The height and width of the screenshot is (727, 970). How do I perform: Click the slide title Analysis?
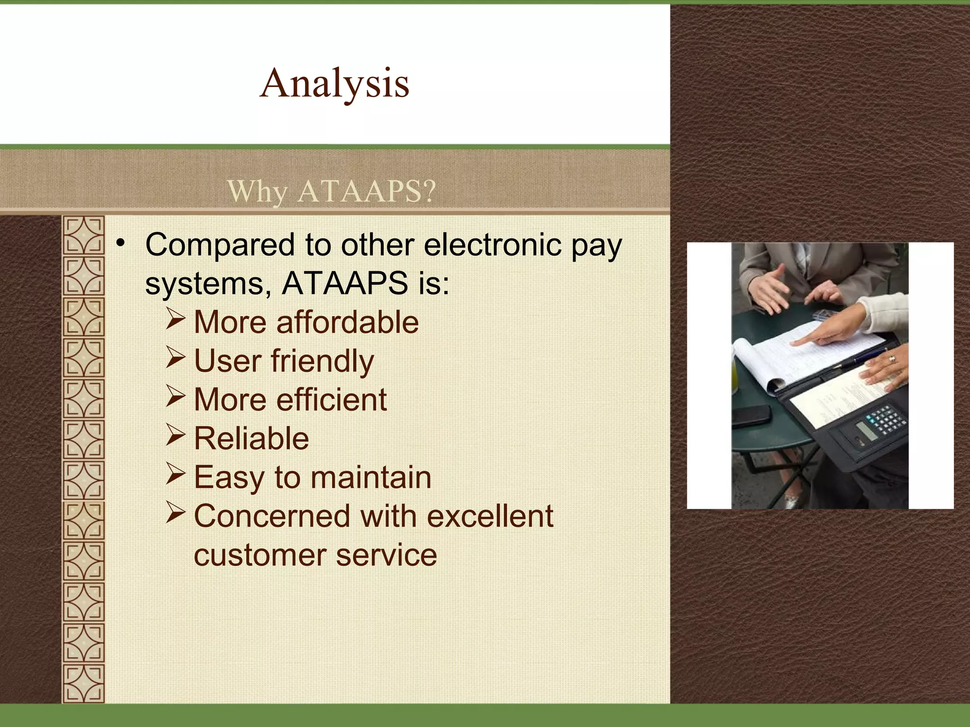coord(335,83)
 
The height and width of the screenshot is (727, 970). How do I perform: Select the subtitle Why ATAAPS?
coord(331,191)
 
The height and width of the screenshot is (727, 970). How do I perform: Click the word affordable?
coord(347,323)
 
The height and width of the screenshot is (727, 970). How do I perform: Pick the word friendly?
coord(322,362)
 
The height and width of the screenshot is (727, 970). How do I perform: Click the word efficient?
coord(332,400)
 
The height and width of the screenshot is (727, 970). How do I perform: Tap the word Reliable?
coord(251,439)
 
